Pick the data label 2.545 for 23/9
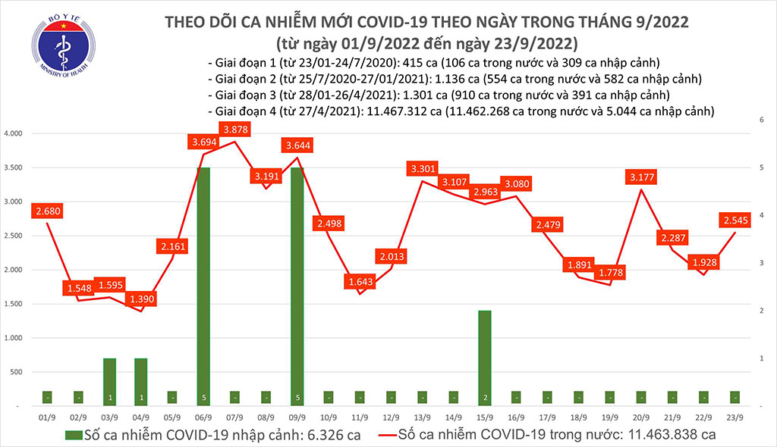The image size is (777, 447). (x=736, y=221)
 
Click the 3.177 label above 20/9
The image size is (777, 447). (x=641, y=177)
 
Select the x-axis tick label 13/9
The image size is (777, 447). (x=423, y=417)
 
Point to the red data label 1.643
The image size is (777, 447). (x=358, y=281)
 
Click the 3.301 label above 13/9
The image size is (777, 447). (x=422, y=168)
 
